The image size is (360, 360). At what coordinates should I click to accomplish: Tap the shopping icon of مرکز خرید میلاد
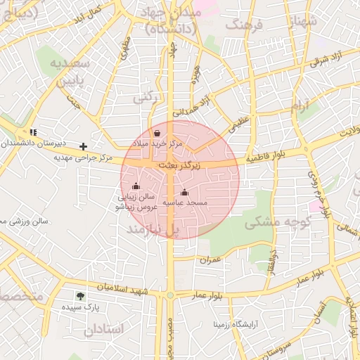157,131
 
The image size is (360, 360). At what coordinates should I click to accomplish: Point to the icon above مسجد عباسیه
184,192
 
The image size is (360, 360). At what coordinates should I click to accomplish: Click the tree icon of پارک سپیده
79,296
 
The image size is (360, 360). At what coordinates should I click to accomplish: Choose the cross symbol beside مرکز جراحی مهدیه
84,146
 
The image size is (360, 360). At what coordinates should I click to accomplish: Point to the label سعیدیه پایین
69,72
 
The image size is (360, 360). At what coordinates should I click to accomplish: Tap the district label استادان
104,328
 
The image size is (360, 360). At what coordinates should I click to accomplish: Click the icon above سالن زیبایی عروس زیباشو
136,186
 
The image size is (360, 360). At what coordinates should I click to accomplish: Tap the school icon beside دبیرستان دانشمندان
33,131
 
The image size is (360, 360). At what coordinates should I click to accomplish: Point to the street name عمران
210,259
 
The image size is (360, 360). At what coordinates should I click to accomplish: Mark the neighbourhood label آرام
300,106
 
